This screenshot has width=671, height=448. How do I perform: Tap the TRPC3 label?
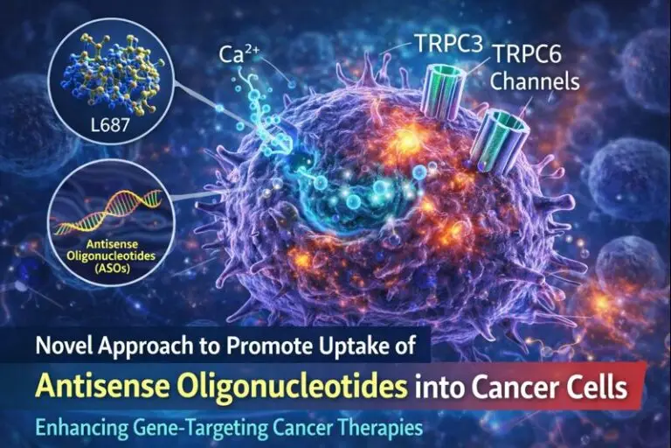coord(432,42)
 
